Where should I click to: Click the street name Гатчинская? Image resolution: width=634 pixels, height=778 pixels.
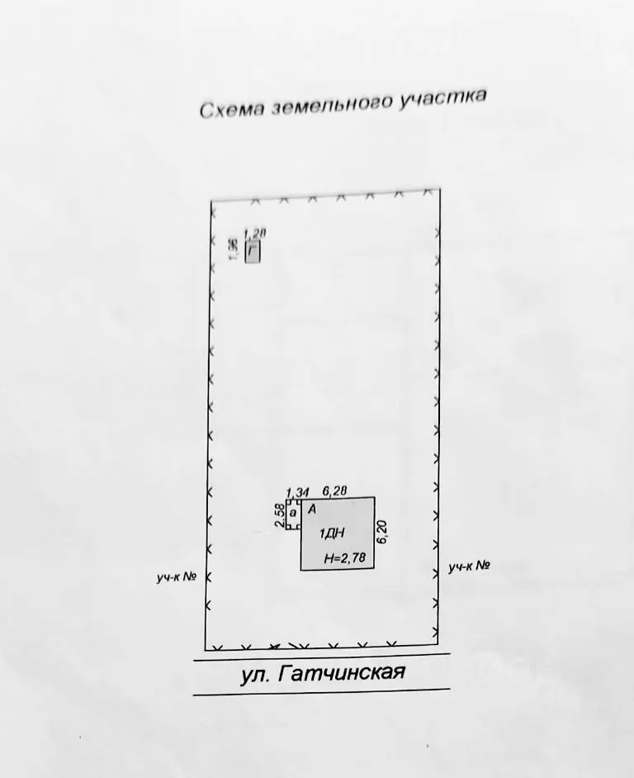343,672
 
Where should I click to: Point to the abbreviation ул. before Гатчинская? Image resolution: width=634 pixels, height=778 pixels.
255,676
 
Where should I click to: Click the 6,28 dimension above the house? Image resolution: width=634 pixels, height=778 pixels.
335,491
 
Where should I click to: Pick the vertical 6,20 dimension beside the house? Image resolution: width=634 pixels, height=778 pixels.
382,532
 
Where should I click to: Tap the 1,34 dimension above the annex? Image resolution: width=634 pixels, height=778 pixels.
298,493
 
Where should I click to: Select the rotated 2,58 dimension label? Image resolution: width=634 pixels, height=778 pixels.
279,516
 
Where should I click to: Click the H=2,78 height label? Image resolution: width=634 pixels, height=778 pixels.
345,558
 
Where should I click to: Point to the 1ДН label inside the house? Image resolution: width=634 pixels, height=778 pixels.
332,534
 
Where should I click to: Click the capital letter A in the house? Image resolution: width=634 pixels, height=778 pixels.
312,509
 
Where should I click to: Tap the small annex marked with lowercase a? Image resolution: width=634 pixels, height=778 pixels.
293,514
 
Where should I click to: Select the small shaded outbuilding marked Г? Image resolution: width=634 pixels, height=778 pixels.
253,252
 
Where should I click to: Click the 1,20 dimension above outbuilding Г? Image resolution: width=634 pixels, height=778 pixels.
255,234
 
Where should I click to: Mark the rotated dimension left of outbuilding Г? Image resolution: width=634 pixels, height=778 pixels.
233,249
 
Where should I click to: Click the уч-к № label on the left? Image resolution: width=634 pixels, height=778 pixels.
177,577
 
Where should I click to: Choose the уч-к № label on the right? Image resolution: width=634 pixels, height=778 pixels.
469,566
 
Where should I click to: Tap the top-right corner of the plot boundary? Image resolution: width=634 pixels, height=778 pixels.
440,189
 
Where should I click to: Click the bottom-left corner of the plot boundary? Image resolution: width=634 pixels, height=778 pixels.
206,650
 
